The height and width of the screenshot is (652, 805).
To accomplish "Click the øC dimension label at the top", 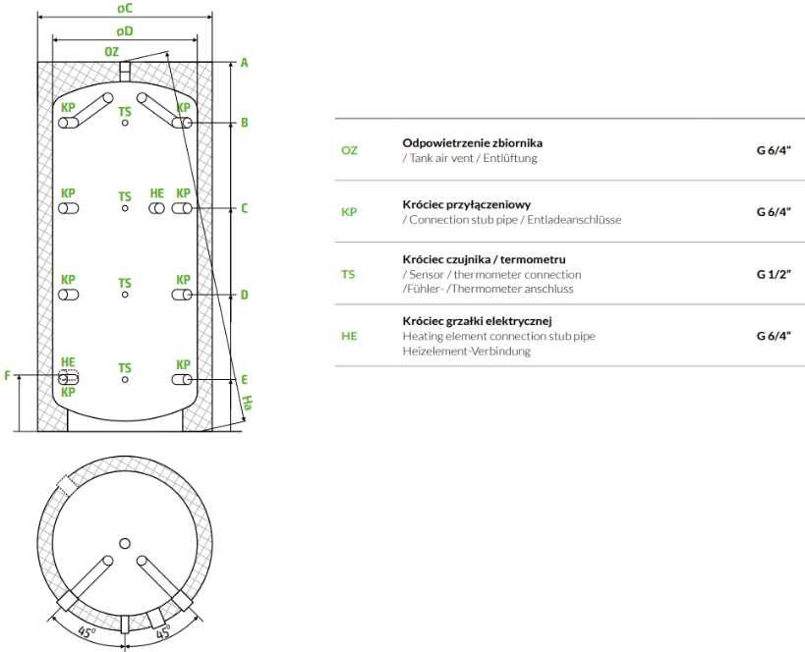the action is [125, 8].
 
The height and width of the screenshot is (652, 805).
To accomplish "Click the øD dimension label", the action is [125, 31].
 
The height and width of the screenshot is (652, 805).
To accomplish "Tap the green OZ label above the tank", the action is [111, 52].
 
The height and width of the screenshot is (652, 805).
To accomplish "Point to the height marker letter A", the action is [245, 63].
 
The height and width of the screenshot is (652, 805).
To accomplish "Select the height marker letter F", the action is [7, 375].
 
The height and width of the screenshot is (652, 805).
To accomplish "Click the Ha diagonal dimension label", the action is [247, 403].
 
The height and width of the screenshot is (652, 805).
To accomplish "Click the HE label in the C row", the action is [157, 193].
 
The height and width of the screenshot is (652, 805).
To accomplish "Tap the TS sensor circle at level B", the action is [125, 123].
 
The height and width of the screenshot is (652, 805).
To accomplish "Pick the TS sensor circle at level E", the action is [125, 380].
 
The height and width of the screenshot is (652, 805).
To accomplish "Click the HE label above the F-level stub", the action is [68, 362].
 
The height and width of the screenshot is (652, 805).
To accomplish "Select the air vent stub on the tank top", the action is [125, 72].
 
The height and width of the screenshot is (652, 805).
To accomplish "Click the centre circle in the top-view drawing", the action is [125, 543].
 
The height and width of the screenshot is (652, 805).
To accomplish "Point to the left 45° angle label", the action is [86, 633].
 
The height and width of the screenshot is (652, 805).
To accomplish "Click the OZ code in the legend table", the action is [349, 150].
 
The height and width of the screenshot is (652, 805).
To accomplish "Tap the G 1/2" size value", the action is [774, 274].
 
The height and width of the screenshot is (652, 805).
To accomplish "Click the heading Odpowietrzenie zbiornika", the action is [473, 143].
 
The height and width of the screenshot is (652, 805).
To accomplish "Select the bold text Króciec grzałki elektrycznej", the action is [477, 321].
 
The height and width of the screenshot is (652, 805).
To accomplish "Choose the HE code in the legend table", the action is [349, 336].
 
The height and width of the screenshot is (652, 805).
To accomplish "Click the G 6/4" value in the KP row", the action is [774, 212].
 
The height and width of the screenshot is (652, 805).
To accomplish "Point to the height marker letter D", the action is [245, 295].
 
